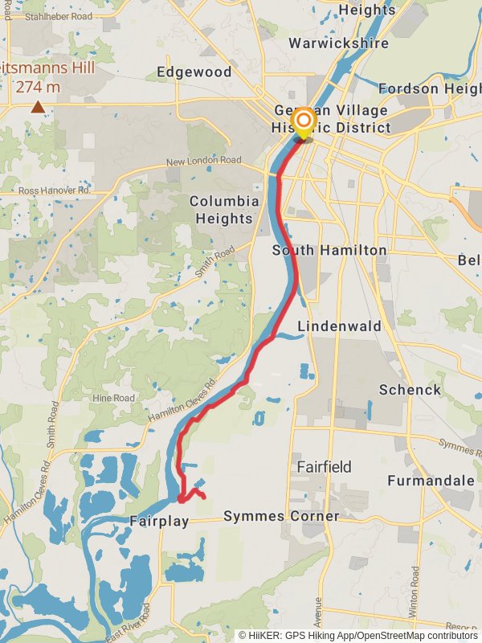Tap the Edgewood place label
click(194, 72)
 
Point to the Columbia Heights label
click(224, 209)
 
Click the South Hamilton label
click(329, 251)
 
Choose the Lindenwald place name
click(340, 326)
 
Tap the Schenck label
click(410, 390)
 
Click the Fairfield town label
click(324, 466)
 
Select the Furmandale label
click(431, 481)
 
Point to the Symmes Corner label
click(281, 515)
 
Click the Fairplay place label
click(159, 521)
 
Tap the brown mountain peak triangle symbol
click(38, 106)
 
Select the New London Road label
click(203, 162)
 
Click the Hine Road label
click(113, 398)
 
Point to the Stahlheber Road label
click(58, 15)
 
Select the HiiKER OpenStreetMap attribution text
click(357, 635)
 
